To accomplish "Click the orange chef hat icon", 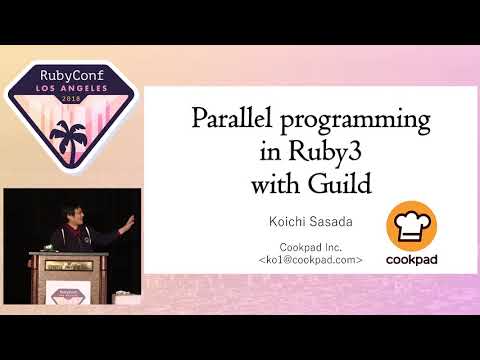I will tap(414, 226).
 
